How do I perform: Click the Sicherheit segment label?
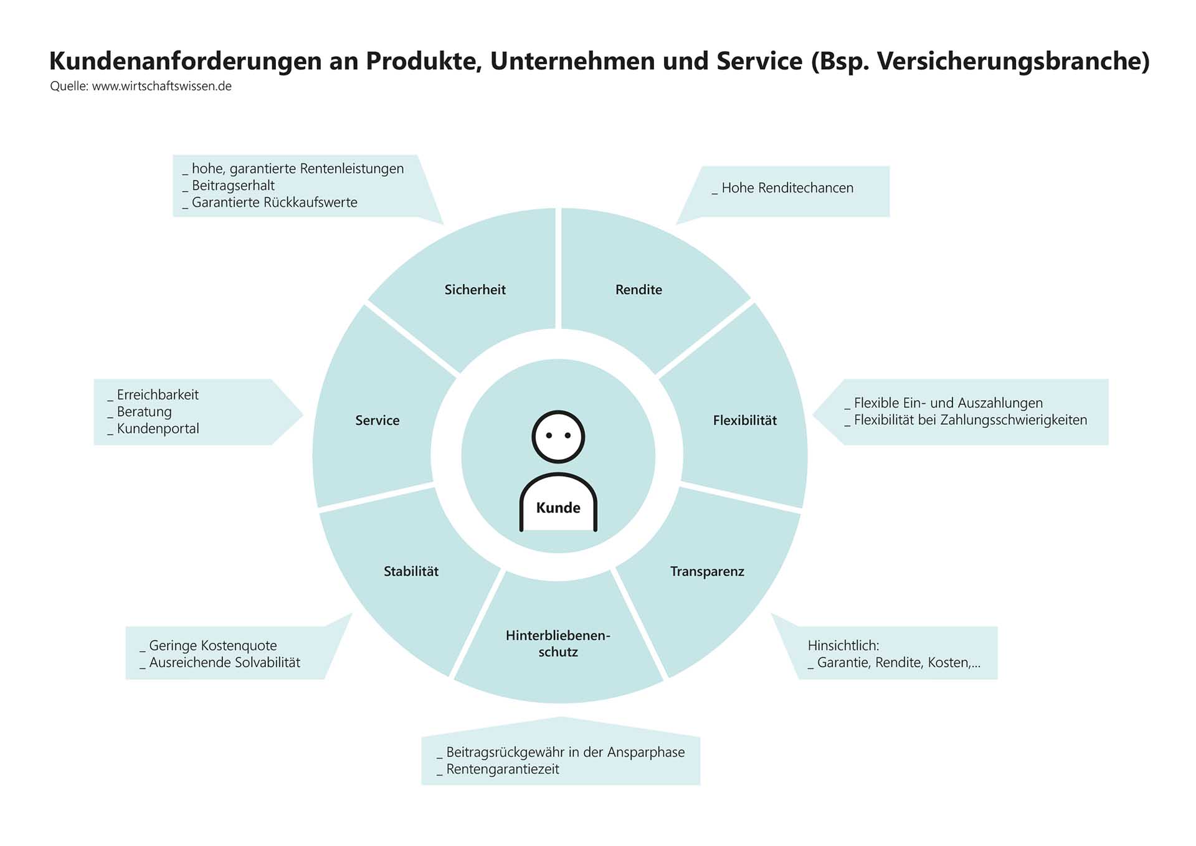475,290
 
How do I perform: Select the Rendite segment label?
638,290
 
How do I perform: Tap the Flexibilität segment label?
744,421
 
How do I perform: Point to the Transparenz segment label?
707,571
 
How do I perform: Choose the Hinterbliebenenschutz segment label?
558,644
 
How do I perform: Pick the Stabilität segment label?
411,571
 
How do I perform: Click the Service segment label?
377,421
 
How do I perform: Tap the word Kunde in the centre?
558,508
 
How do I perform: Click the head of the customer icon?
558,436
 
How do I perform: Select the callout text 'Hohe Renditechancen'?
787,188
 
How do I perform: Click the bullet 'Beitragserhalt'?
233,186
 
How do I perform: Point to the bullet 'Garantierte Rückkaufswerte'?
274,202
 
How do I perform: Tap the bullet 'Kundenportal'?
158,429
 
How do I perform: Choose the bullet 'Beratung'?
144,412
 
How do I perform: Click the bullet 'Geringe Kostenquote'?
212,645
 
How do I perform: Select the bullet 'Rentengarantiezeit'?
502,769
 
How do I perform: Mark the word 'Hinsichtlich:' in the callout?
843,645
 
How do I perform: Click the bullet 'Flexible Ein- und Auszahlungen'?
947,403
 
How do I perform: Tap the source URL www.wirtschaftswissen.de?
161,87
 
